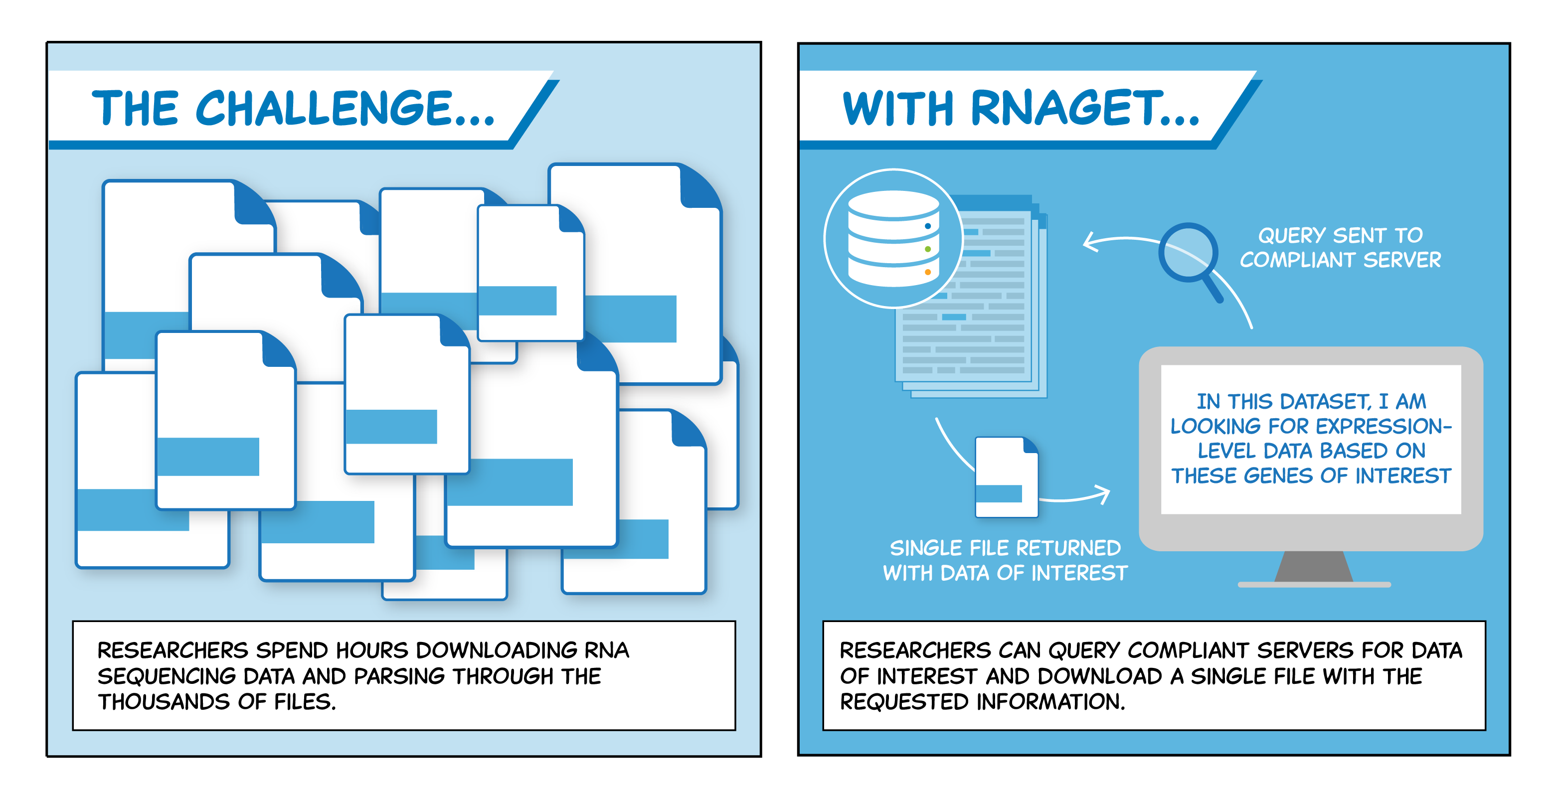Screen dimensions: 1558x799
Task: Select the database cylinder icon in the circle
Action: pyautogui.click(x=893, y=238)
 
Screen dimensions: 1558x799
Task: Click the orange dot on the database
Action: pyautogui.click(x=928, y=272)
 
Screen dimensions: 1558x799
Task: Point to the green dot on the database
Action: pyautogui.click(x=928, y=249)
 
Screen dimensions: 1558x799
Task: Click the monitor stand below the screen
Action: pyautogui.click(x=1314, y=569)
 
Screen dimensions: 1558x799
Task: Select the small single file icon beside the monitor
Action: pyautogui.click(x=1007, y=477)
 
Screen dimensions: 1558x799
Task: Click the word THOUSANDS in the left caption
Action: pyautogui.click(x=164, y=702)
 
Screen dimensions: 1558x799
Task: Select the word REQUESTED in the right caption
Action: pyautogui.click(x=905, y=702)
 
